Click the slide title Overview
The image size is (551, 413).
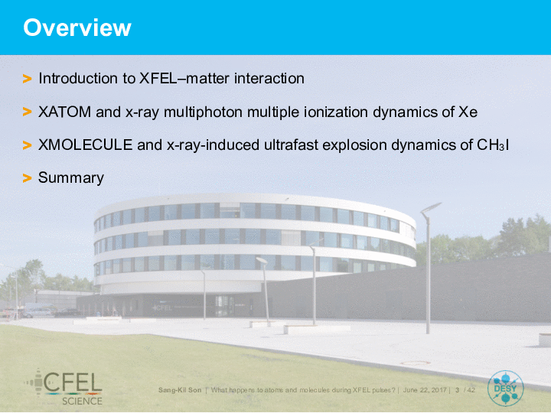[77, 28]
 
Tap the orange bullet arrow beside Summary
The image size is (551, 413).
[27, 178]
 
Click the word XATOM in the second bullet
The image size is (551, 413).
[64, 112]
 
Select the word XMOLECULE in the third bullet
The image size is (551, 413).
[86, 145]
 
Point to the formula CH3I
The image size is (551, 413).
[493, 145]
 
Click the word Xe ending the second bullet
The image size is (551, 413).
[468, 112]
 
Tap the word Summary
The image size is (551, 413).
[71, 178]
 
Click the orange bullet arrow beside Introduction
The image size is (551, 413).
[27, 79]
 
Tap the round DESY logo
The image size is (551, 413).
[505, 389]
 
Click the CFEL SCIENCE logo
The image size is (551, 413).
[64, 387]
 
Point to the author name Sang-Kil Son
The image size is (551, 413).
[180, 390]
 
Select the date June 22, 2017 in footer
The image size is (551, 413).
[425, 390]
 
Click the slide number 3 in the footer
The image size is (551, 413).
[457, 390]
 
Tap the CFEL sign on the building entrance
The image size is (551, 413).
[162, 308]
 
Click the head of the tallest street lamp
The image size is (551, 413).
[431, 207]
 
